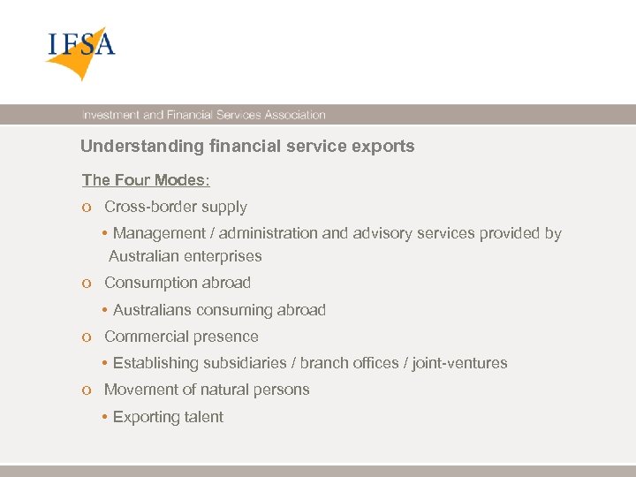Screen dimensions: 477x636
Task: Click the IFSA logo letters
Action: click(x=81, y=43)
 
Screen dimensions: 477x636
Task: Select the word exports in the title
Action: click(x=385, y=147)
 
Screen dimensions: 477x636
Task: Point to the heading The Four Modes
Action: click(x=143, y=180)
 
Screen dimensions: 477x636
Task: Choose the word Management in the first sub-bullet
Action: click(x=157, y=233)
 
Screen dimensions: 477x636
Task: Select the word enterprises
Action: click(x=228, y=256)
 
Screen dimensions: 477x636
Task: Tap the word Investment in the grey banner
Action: click(x=110, y=115)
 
